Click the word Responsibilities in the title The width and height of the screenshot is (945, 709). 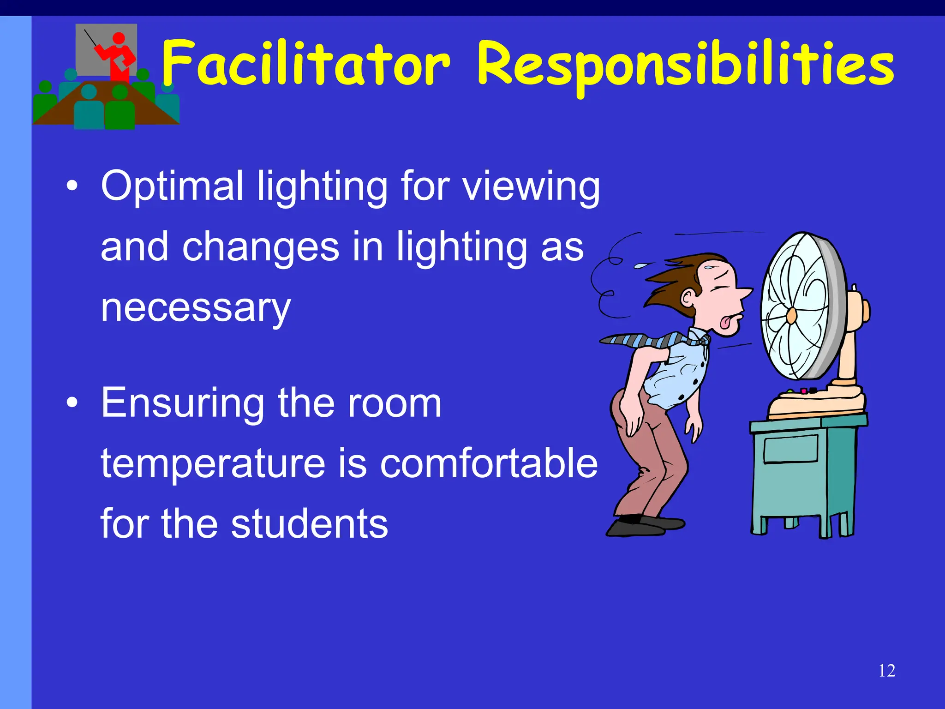click(x=685, y=65)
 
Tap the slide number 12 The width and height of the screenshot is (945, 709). click(x=887, y=671)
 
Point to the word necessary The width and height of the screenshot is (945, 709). click(x=196, y=308)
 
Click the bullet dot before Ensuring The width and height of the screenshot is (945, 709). click(x=72, y=403)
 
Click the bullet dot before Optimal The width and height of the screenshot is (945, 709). click(x=72, y=186)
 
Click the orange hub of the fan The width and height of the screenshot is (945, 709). click(x=791, y=316)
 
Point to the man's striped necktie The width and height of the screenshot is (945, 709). click(x=655, y=341)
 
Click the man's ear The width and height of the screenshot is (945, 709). click(x=688, y=297)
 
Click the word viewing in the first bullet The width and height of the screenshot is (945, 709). click(x=531, y=187)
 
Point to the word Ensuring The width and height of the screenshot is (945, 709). click(x=182, y=403)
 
